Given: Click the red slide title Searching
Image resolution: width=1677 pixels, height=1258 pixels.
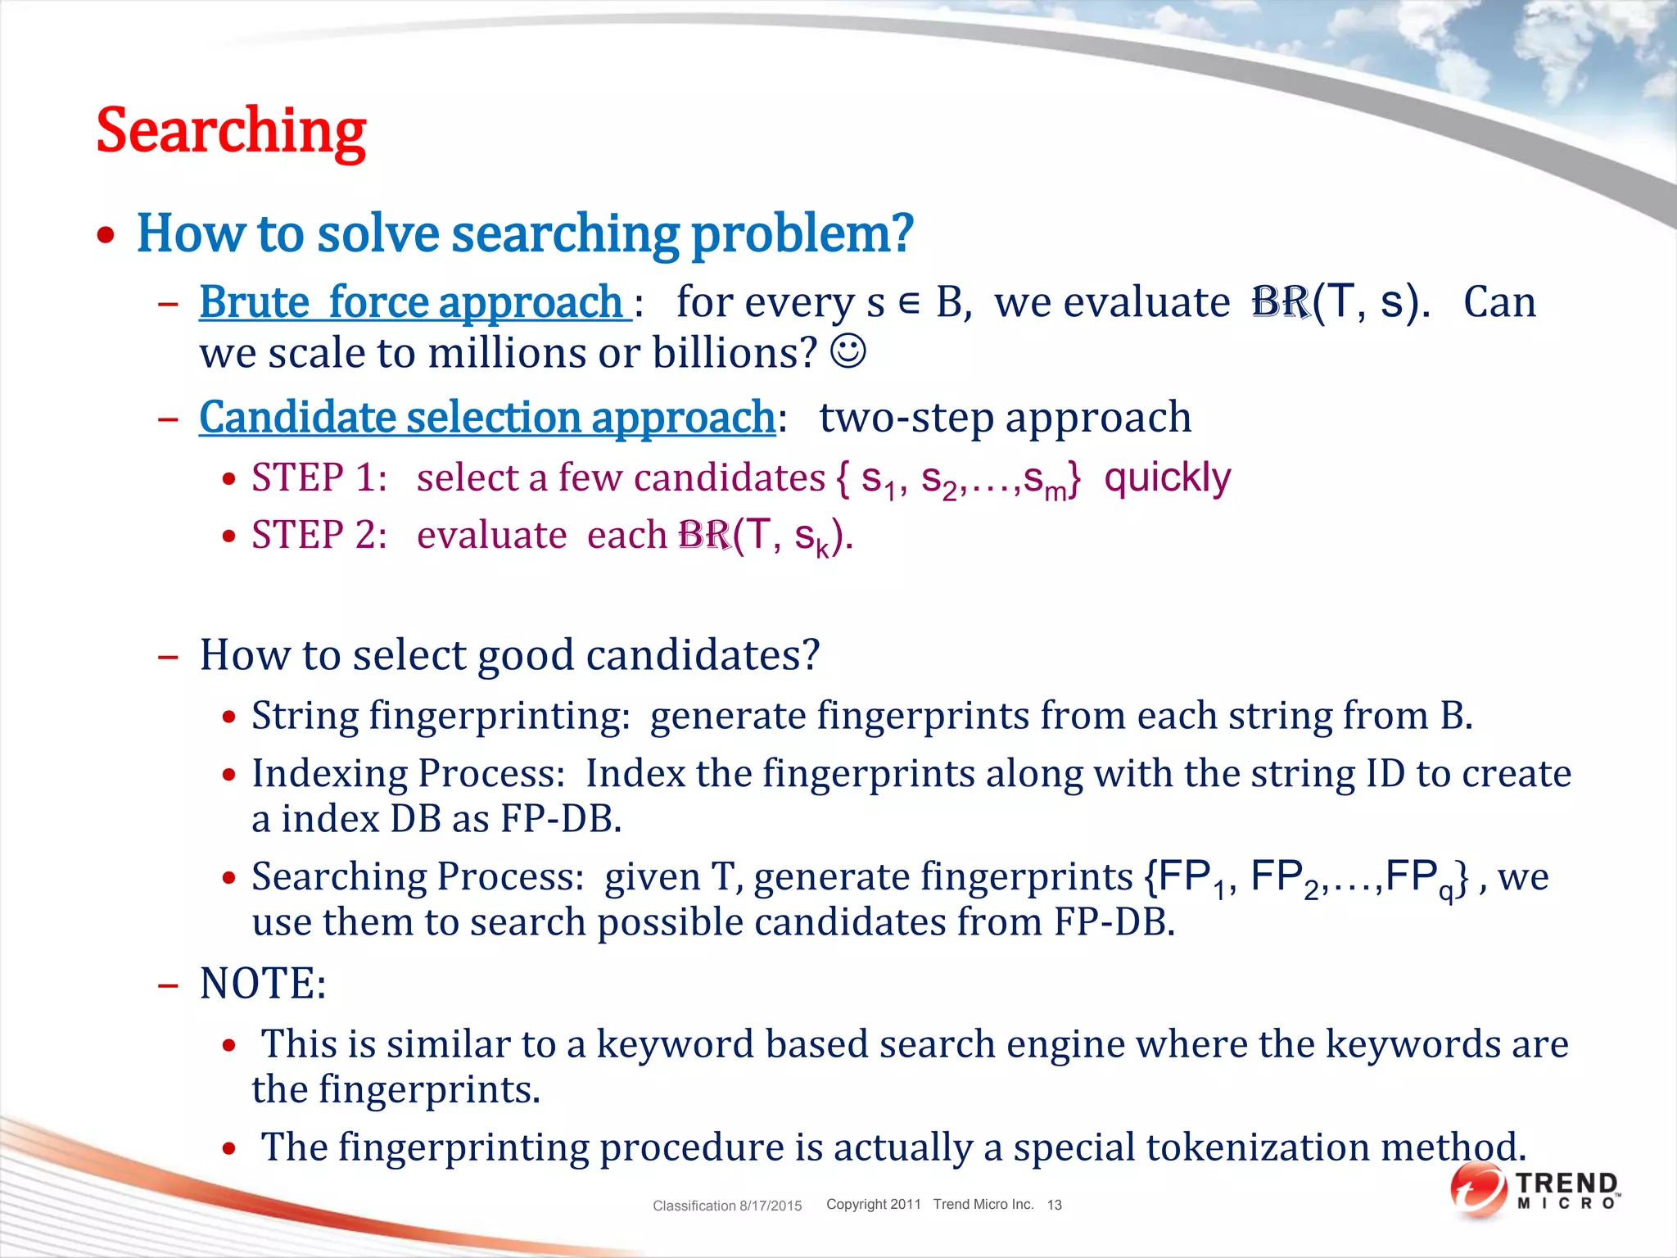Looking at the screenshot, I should tap(231, 131).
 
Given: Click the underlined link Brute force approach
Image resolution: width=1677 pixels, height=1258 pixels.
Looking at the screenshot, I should tap(414, 302).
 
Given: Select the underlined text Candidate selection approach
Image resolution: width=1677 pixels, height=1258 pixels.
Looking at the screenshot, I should tap(487, 418).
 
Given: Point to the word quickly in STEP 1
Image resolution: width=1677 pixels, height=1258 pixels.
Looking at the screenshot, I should tap(1167, 477).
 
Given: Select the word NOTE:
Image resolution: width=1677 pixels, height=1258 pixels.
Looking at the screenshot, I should tap(263, 983).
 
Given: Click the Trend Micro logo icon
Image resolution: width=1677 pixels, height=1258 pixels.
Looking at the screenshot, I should tap(1479, 1191).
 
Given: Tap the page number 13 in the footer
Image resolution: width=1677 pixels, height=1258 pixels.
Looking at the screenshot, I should tap(1054, 1205).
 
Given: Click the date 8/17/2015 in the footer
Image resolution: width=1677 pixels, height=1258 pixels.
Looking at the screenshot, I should tap(771, 1206).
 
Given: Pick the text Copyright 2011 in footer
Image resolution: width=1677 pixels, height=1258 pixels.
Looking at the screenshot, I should tap(873, 1204).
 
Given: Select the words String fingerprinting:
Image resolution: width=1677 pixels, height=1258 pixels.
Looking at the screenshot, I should tap(441, 716).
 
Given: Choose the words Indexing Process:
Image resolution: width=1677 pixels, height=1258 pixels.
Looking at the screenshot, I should tap(408, 774).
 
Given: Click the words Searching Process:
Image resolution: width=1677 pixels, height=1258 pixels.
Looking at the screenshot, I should tap(418, 877).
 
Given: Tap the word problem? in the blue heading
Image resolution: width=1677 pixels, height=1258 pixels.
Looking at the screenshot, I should tap(802, 233).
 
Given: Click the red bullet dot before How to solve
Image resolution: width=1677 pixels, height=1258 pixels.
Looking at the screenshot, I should tap(106, 236).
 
